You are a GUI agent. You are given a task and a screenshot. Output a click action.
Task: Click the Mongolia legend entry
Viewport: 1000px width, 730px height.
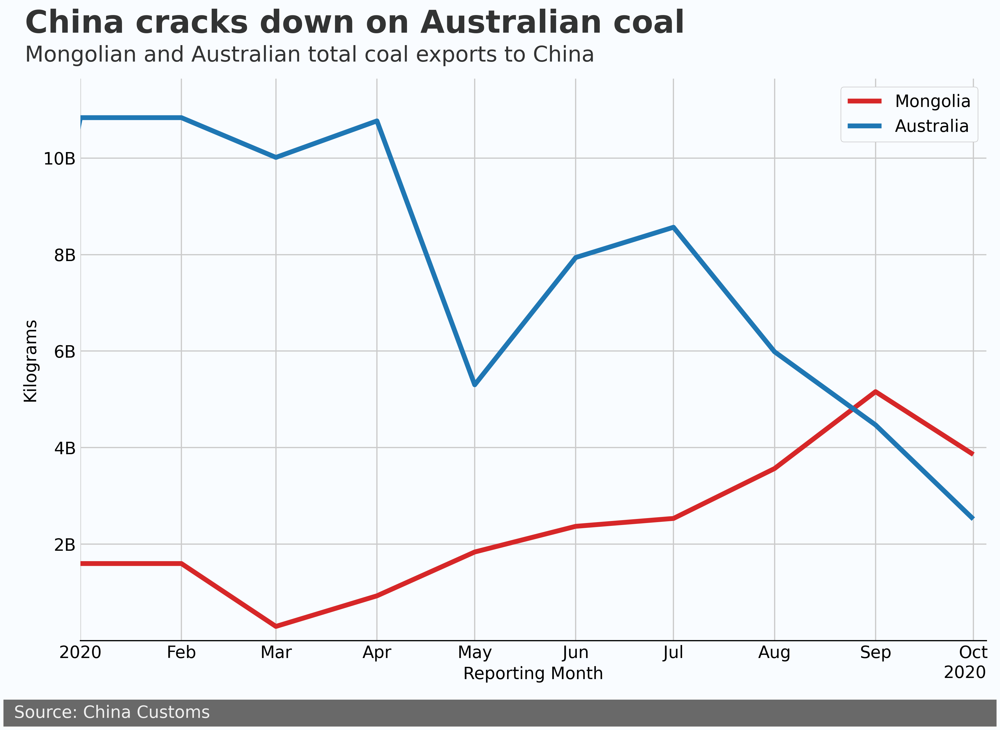(932, 101)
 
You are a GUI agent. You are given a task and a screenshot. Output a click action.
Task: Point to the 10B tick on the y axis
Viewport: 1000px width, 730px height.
(59, 159)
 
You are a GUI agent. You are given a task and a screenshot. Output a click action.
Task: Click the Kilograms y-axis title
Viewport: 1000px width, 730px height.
(30, 361)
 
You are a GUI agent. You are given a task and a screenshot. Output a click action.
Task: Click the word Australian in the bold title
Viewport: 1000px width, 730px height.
(510, 23)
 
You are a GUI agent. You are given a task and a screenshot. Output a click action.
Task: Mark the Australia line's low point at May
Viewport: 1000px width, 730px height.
(474, 385)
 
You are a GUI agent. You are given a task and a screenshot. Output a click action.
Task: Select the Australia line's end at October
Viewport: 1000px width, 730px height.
(972, 518)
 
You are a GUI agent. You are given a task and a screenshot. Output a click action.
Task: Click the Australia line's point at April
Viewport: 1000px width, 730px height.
(377, 121)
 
